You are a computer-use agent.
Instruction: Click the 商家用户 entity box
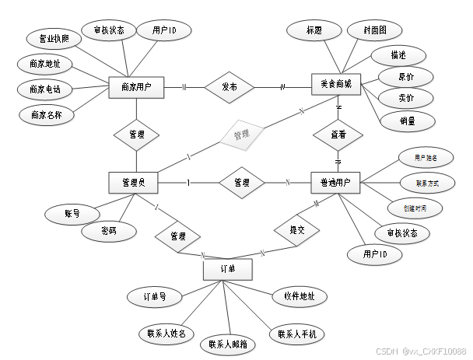(x=136, y=89)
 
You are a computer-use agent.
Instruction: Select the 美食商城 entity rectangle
(x=336, y=85)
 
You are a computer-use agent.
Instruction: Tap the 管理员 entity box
(x=134, y=182)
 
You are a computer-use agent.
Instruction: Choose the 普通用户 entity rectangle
(x=335, y=183)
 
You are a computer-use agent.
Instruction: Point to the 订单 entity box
(x=229, y=269)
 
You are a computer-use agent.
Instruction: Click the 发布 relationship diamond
(x=229, y=87)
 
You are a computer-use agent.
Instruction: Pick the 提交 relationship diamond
(x=297, y=230)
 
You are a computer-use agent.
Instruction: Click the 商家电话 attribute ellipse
(x=44, y=89)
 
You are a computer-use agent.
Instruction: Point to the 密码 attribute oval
(x=108, y=231)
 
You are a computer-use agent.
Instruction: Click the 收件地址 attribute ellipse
(x=299, y=296)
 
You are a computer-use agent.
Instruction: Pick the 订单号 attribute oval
(x=154, y=296)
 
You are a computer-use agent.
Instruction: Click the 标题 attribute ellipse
(x=314, y=31)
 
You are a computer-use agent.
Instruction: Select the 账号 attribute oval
(x=71, y=212)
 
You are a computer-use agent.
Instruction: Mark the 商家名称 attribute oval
(x=46, y=115)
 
